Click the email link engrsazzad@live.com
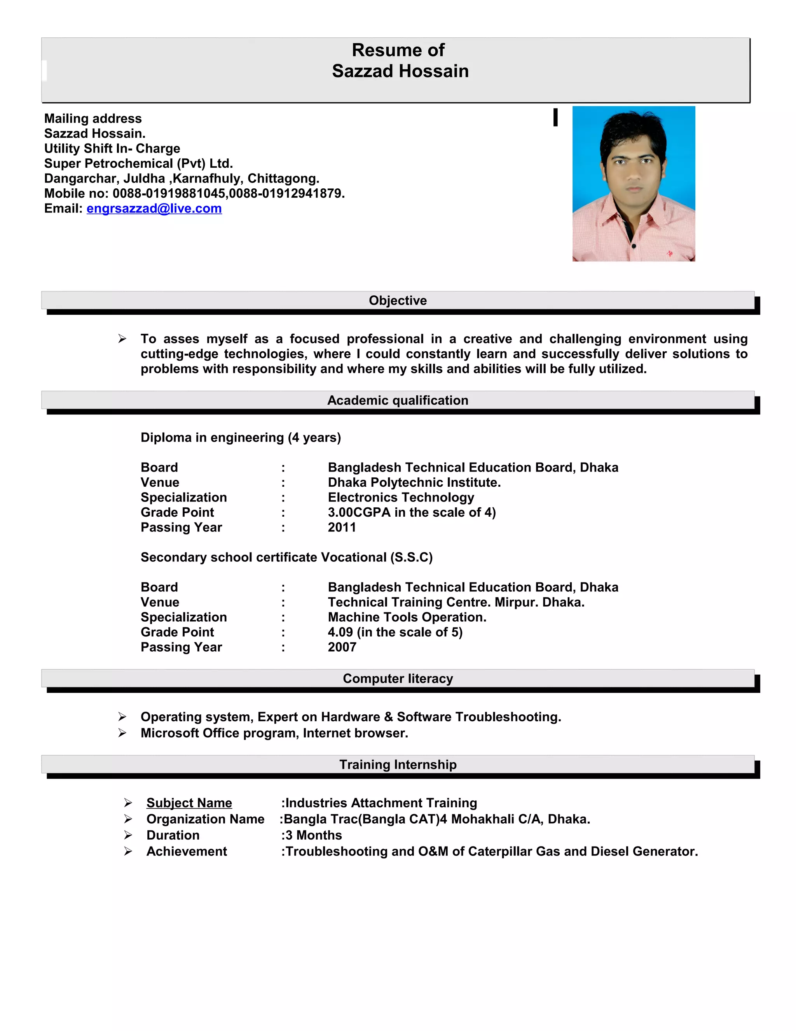[x=154, y=208]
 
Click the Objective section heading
[x=398, y=300]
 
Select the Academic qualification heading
[x=398, y=400]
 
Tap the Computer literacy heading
[x=398, y=679]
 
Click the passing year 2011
[x=342, y=527]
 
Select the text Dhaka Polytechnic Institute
[x=414, y=482]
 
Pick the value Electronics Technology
[x=401, y=498]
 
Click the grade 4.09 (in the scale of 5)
[x=395, y=632]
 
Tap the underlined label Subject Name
[x=189, y=803]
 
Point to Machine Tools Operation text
[x=407, y=617]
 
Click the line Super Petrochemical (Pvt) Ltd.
[x=139, y=163]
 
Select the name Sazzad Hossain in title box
[x=400, y=71]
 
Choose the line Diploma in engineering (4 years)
[x=241, y=438]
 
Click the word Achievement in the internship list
[x=187, y=851]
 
